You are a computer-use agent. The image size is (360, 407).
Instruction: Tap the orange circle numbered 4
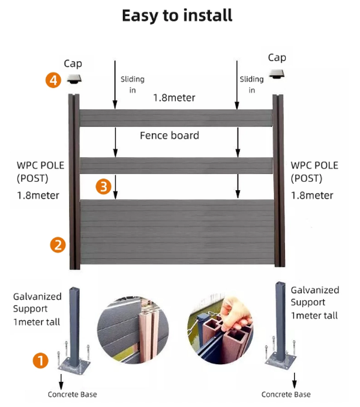(x=54, y=80)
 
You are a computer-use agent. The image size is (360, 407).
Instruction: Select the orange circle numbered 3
(x=104, y=187)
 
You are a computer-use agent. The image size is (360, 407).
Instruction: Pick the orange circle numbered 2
(x=58, y=244)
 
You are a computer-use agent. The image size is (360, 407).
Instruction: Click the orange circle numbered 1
(x=40, y=360)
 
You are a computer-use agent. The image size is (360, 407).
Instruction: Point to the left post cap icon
(x=74, y=79)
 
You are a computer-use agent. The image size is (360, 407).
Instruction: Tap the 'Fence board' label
(x=169, y=136)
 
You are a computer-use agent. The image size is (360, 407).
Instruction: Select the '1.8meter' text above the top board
(x=175, y=97)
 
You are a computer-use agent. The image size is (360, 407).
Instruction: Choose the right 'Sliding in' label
(x=251, y=85)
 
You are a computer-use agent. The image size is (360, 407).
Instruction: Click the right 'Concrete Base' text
(x=286, y=394)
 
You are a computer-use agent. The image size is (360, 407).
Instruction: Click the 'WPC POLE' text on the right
(x=314, y=166)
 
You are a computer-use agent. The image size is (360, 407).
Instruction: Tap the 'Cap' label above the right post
(x=277, y=58)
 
